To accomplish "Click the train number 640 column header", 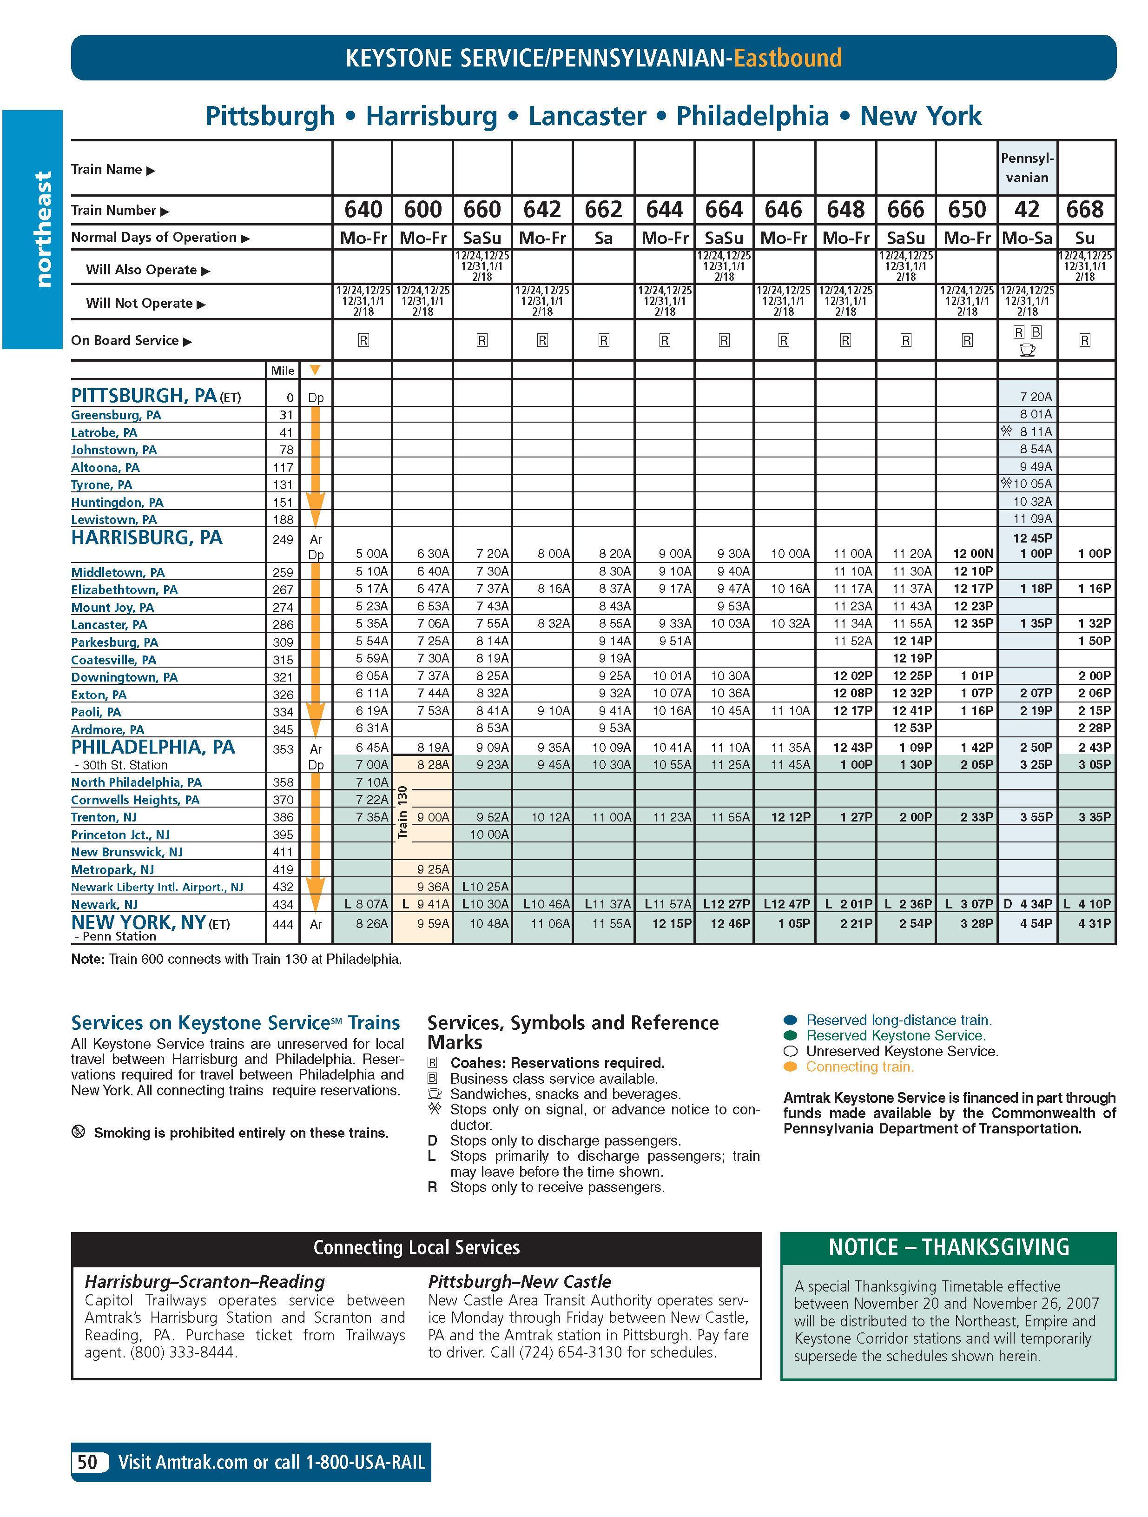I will coord(363,209).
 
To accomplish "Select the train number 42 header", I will coord(1027,209).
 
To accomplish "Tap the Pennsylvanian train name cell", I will coord(1027,168).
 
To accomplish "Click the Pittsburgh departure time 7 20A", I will coord(1036,397).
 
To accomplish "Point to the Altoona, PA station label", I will coord(105,468).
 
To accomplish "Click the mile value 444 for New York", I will coord(283,924).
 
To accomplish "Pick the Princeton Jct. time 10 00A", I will coord(489,835).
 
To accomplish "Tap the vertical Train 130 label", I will coord(402,813).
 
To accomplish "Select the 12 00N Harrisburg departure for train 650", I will coord(972,553).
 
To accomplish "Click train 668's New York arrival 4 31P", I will coord(1095,924).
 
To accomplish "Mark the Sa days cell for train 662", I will coord(603,238).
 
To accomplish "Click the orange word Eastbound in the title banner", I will coord(787,58).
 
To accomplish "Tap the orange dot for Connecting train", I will coord(790,1067).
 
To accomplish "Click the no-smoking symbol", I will coord(78,1132).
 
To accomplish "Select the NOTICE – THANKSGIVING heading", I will coord(949,1247).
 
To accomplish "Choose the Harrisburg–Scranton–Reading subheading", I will coord(205,1282).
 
